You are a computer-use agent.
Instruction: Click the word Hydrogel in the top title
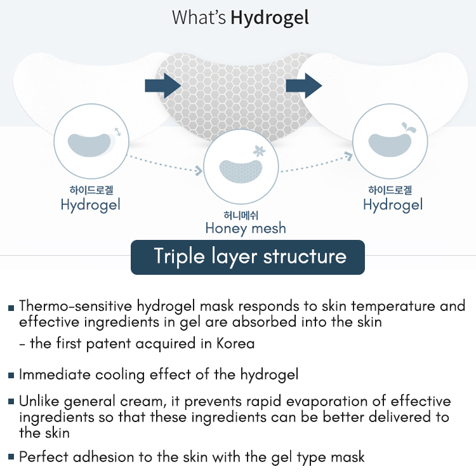(270, 17)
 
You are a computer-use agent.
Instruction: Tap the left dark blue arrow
(163, 86)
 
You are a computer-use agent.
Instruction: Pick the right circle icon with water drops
(388, 142)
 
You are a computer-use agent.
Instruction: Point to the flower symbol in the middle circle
(258, 152)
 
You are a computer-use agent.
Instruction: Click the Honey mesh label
(246, 228)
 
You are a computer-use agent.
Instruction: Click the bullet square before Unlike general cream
(11, 403)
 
